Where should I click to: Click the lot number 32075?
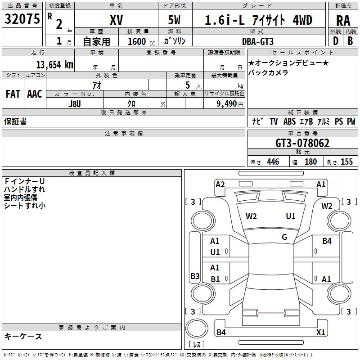22,19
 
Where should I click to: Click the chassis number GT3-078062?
302,144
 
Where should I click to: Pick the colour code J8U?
75,103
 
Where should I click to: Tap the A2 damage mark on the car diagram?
220,184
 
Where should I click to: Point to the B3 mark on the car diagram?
195,276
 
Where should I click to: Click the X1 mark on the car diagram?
321,333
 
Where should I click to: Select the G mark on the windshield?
284,237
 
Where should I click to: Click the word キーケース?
23,336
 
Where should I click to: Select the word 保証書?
15,121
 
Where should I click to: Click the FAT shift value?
13,94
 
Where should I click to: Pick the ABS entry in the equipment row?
289,121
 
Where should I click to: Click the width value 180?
310,162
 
